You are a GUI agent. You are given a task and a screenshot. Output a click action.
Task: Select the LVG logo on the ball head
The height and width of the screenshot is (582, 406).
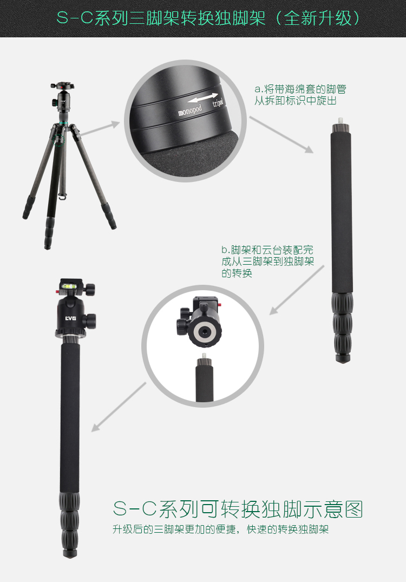(x=70, y=318)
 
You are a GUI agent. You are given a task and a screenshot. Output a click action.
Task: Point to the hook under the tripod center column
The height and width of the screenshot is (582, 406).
(x=63, y=197)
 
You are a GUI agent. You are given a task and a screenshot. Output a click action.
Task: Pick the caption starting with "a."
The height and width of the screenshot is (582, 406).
(x=300, y=95)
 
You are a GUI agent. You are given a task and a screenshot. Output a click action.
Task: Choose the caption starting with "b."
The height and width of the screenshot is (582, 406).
(x=267, y=261)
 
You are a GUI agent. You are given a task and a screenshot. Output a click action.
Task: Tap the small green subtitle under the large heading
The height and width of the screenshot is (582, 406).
(x=220, y=529)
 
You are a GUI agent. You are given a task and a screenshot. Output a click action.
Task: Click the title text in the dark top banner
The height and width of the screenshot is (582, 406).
(x=208, y=18)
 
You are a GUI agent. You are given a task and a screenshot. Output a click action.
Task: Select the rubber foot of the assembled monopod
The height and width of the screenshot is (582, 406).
(x=69, y=553)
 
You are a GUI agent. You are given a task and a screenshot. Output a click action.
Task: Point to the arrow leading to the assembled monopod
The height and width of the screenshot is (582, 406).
(x=119, y=407)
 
